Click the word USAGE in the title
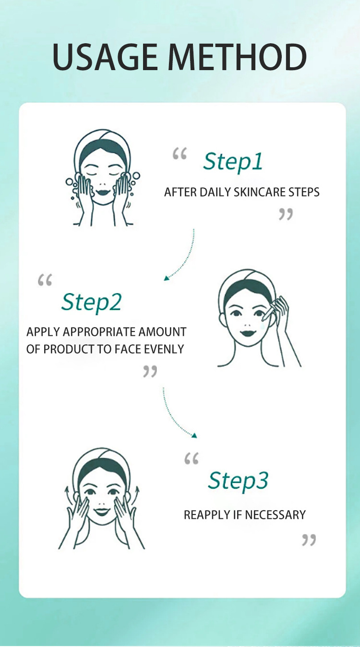105,57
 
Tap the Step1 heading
233,161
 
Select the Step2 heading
91,303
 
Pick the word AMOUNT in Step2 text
162,332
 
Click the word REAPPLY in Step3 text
207,515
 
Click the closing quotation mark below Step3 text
309,540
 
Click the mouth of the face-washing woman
102,191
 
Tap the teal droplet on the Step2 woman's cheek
262,327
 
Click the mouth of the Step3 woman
101,512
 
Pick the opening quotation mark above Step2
45,280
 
